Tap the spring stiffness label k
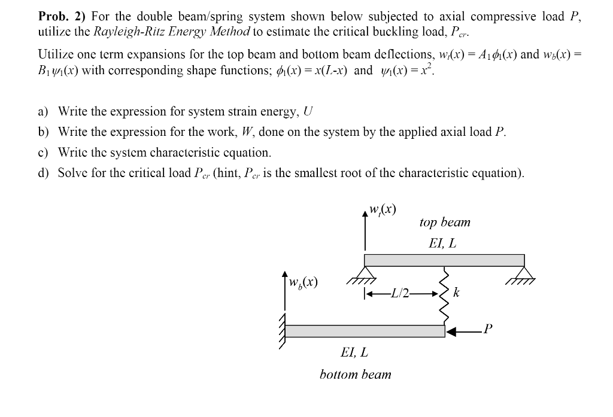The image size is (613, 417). click(x=457, y=293)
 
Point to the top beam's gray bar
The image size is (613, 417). click(x=444, y=260)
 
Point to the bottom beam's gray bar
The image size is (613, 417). click(x=365, y=331)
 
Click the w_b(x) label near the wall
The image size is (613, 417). click(x=303, y=281)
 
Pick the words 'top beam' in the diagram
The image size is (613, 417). click(x=445, y=223)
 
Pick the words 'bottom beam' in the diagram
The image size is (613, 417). click(x=356, y=375)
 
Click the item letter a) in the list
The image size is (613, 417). click(x=44, y=111)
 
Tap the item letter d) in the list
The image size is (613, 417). click(x=44, y=173)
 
